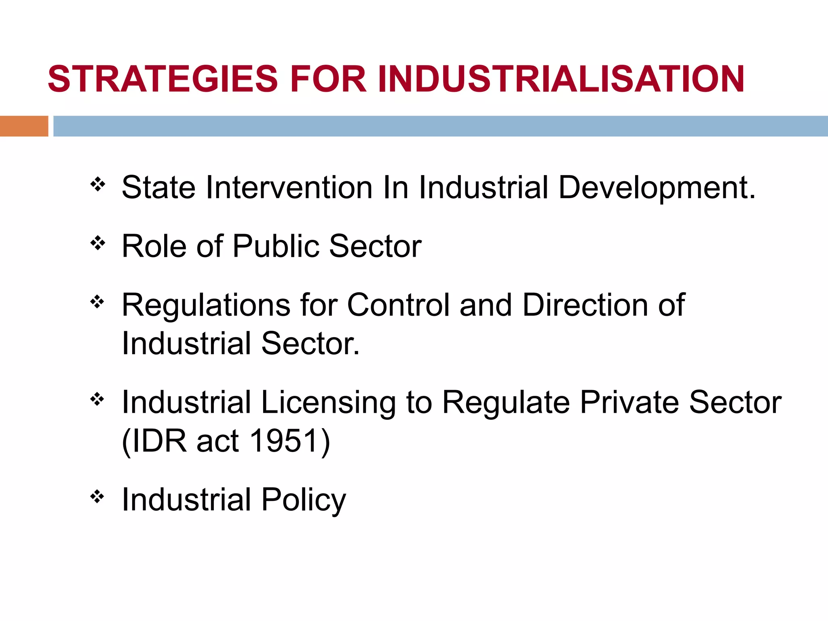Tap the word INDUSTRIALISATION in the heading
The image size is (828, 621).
[x=561, y=79]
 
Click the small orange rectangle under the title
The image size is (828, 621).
[x=24, y=126]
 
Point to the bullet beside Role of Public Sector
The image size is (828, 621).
[x=97, y=243]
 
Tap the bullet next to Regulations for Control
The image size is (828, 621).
[x=97, y=302]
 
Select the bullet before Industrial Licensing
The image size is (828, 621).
[x=97, y=399]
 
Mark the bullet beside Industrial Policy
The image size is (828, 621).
[x=97, y=497]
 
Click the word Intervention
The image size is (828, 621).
[x=289, y=188]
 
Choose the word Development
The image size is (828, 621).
[x=657, y=188]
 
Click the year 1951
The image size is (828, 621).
[x=283, y=441]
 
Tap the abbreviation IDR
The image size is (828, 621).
[x=159, y=441]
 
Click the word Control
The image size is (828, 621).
[x=398, y=304]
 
